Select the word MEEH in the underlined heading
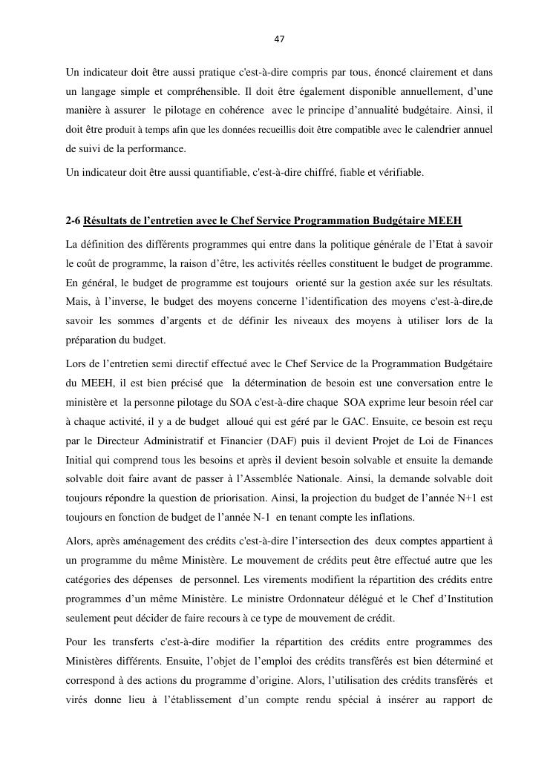(445, 220)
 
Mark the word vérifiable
(399, 172)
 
